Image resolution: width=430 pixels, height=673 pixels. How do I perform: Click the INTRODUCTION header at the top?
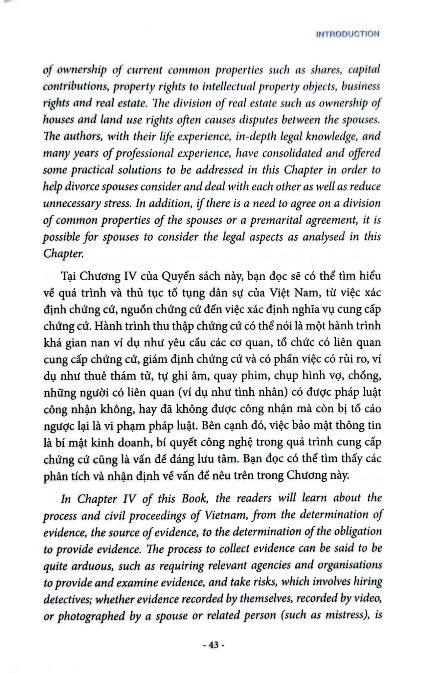coord(347,34)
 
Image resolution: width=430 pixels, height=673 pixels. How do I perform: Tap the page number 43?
coord(214,645)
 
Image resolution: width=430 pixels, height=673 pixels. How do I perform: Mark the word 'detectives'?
coord(68,599)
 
